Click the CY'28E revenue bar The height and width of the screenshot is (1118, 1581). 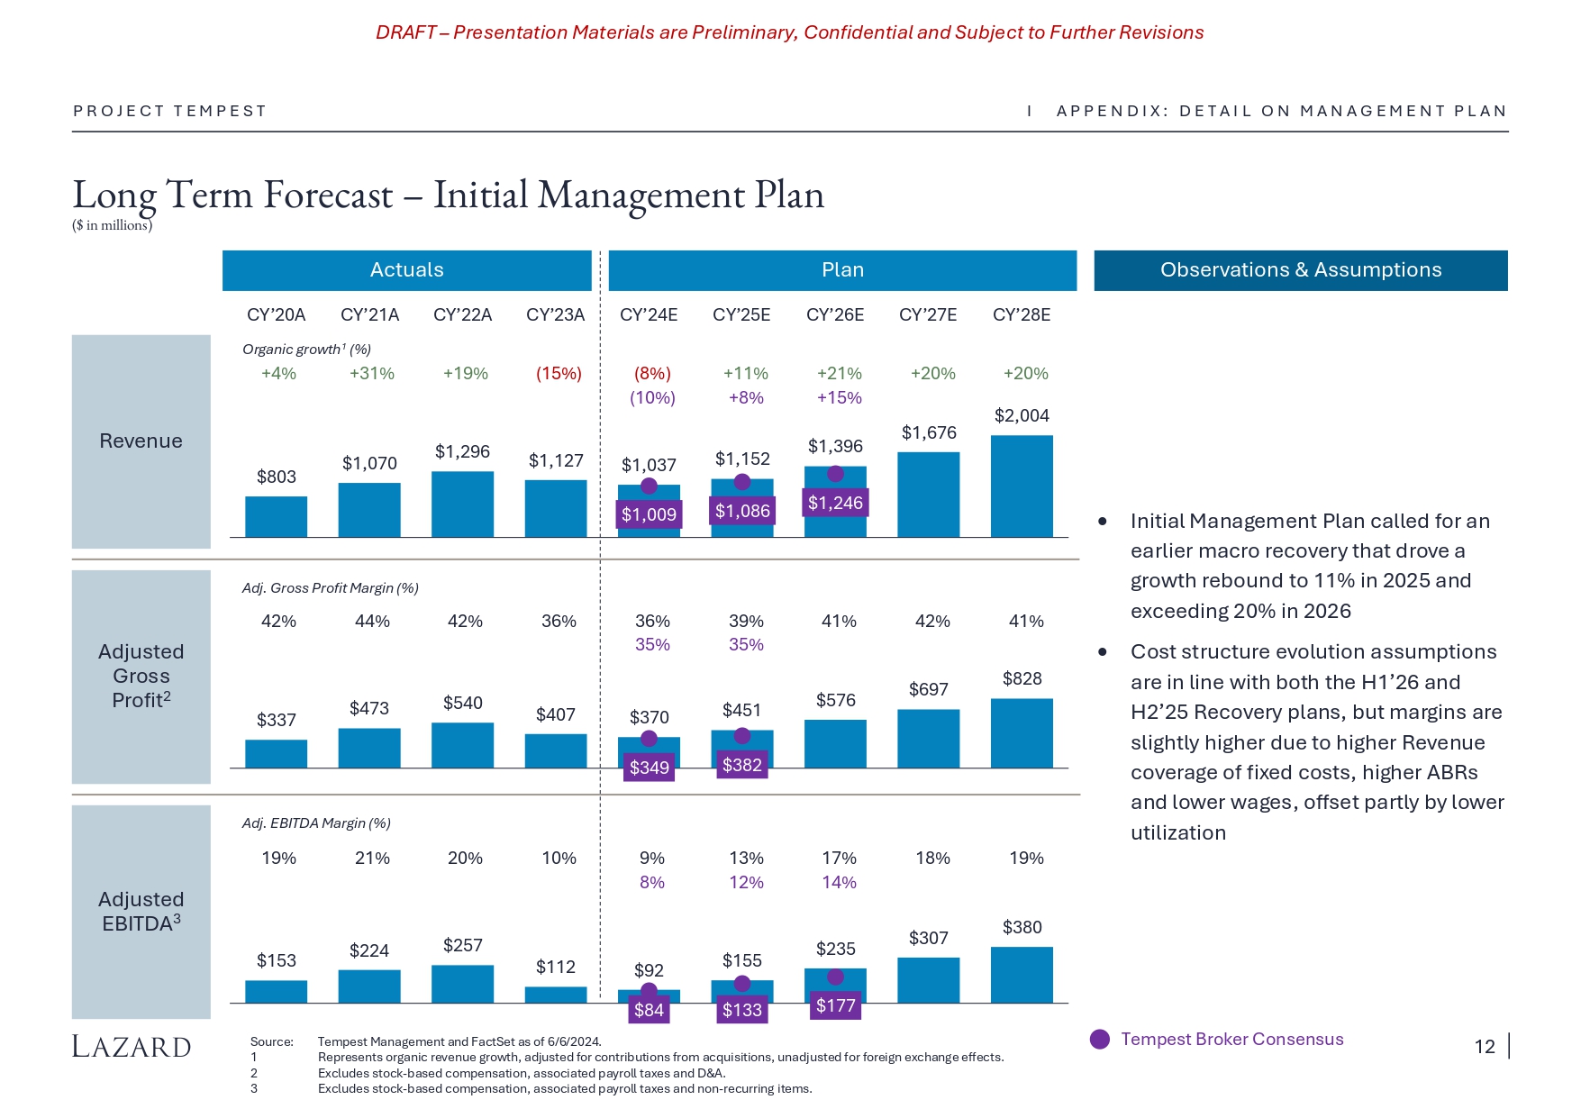1022,486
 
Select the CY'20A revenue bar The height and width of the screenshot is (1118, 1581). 276,517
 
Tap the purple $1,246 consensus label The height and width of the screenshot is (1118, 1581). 835,503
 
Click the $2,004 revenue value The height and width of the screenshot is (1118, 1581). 1022,415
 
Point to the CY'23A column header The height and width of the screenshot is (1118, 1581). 555,314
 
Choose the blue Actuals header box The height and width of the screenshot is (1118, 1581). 406,270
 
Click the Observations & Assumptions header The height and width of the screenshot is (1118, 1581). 1300,270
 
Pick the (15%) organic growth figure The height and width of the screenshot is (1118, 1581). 559,373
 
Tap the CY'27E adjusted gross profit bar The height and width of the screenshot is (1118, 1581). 928,739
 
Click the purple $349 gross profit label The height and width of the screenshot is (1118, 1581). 649,768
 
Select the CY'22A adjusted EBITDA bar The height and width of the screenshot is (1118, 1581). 462,984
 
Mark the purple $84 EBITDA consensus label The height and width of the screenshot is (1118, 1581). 649,1010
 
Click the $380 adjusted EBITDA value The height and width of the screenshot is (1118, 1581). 1022,927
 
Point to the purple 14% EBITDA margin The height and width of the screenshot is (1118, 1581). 839,882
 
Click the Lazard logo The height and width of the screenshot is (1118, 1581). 132,1047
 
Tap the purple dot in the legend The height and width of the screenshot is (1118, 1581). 1100,1040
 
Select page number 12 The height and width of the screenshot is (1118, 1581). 1485,1047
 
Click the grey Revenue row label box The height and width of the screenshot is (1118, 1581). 141,441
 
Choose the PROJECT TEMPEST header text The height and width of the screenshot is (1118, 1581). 169,111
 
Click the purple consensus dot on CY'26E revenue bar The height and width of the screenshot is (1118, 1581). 835,474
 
